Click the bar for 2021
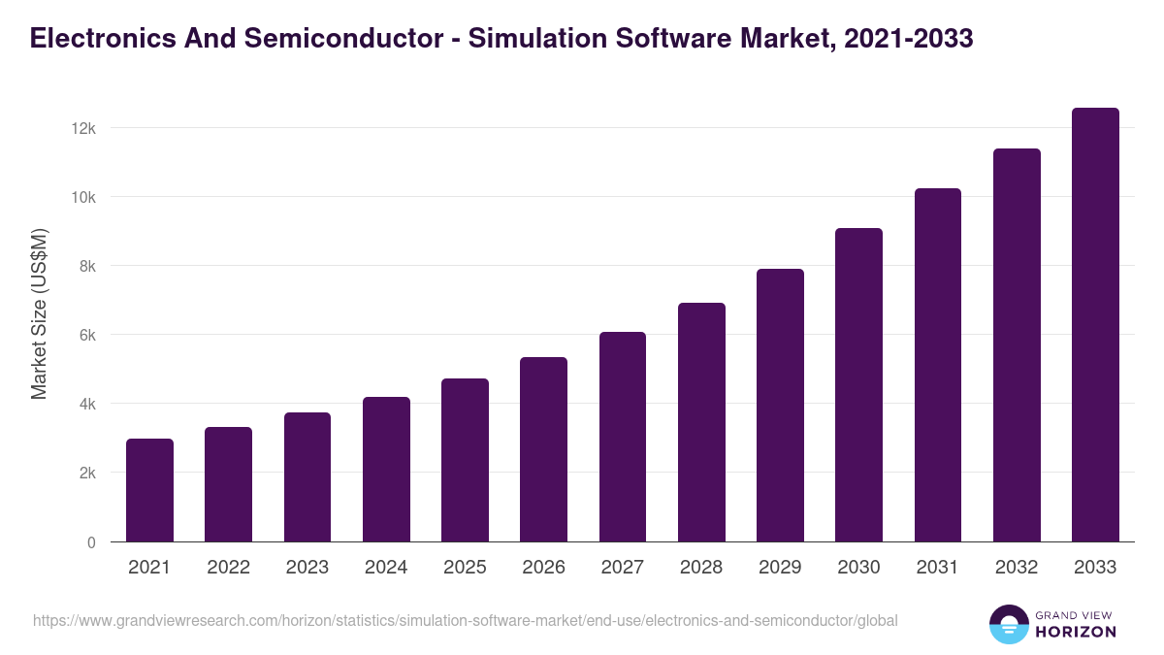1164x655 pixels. pyautogui.click(x=149, y=490)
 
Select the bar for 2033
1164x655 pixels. pyautogui.click(x=1095, y=325)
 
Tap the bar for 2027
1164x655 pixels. pyautogui.click(x=623, y=437)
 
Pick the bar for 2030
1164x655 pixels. pyautogui.click(x=858, y=385)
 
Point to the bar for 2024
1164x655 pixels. pyautogui.click(x=386, y=470)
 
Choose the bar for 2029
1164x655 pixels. pyautogui.click(x=780, y=406)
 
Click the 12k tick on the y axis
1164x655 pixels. pyautogui.click(x=83, y=129)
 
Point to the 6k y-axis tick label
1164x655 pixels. pyautogui.click(x=86, y=336)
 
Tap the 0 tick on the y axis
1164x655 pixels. pyautogui.click(x=91, y=542)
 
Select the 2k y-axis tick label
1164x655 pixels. pyautogui.click(x=86, y=474)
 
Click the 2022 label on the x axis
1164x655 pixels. pyautogui.click(x=228, y=568)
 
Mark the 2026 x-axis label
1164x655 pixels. pyautogui.click(x=543, y=568)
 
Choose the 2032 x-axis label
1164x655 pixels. pyautogui.click(x=1017, y=568)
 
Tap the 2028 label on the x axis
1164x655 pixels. pyautogui.click(x=701, y=568)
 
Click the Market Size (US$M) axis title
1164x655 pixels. pyautogui.click(x=39, y=313)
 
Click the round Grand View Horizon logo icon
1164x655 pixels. pyautogui.click(x=1009, y=624)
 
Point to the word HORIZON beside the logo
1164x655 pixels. pyautogui.click(x=1076, y=632)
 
